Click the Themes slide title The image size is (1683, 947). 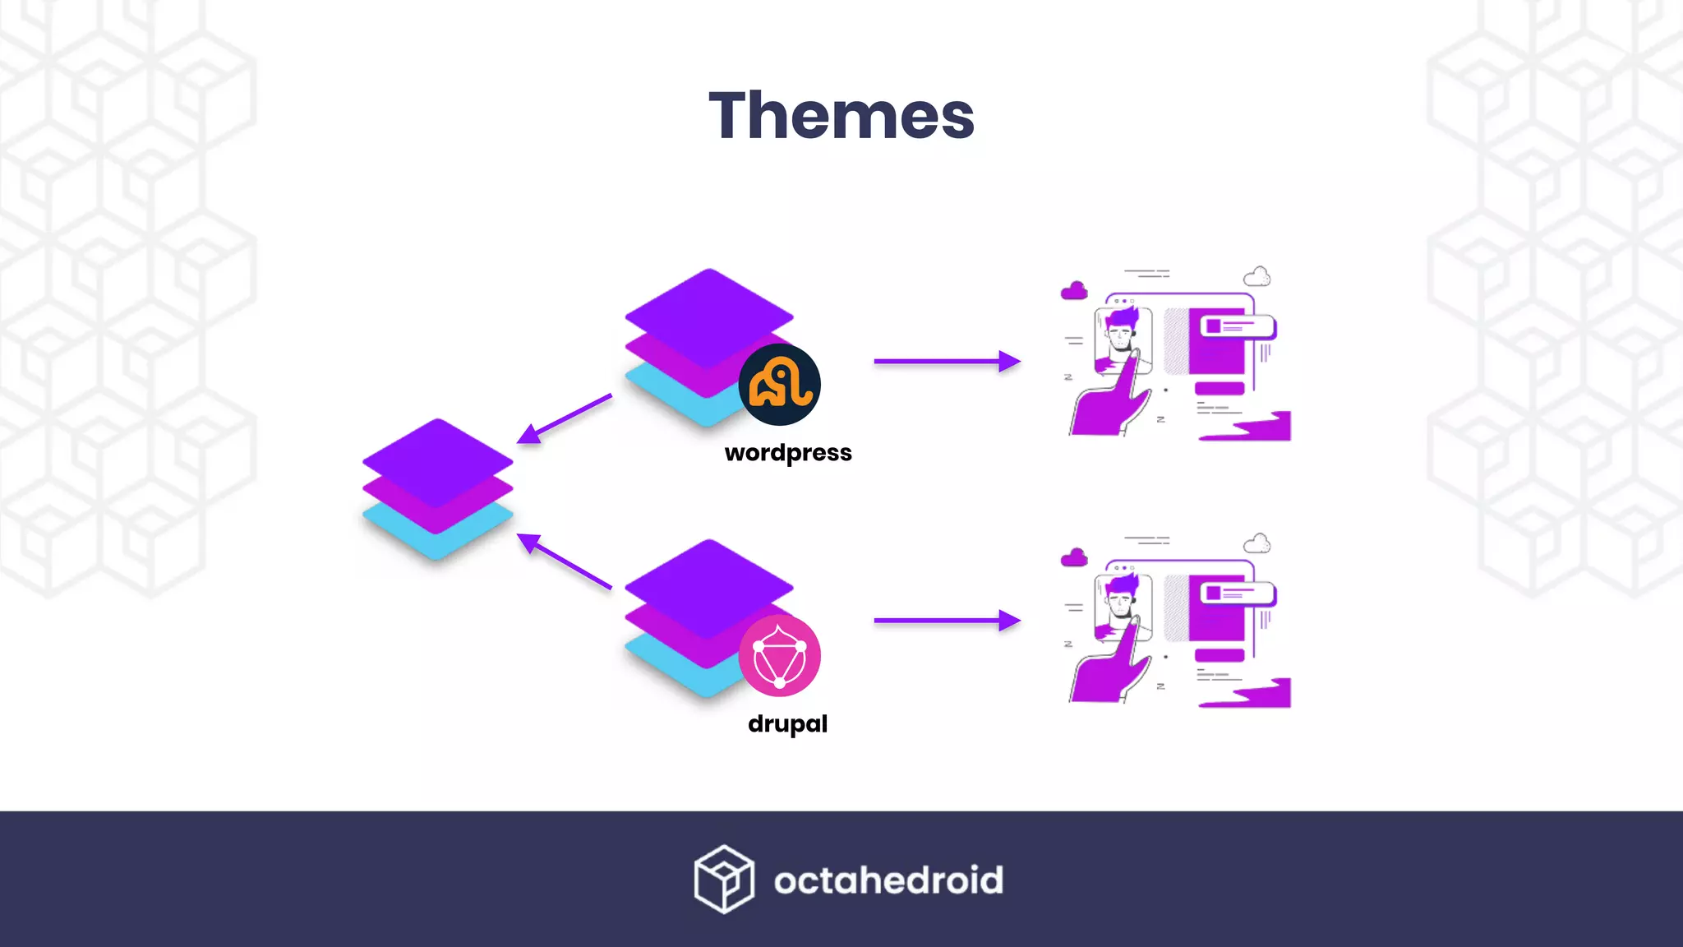841,116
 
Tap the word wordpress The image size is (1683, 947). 788,453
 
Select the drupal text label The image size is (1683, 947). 787,723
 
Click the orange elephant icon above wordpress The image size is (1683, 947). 779,384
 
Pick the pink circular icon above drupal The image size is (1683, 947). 779,655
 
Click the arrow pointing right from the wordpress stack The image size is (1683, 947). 947,361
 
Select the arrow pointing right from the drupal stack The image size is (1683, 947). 947,621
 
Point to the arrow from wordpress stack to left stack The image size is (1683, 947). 565,418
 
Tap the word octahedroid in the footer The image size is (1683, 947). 888,880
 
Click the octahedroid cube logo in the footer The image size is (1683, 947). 723,879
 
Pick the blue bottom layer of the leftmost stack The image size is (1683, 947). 438,538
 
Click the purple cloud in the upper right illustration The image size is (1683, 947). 1074,291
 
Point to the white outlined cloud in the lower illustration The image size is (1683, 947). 1256,543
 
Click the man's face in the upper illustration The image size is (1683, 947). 1121,336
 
